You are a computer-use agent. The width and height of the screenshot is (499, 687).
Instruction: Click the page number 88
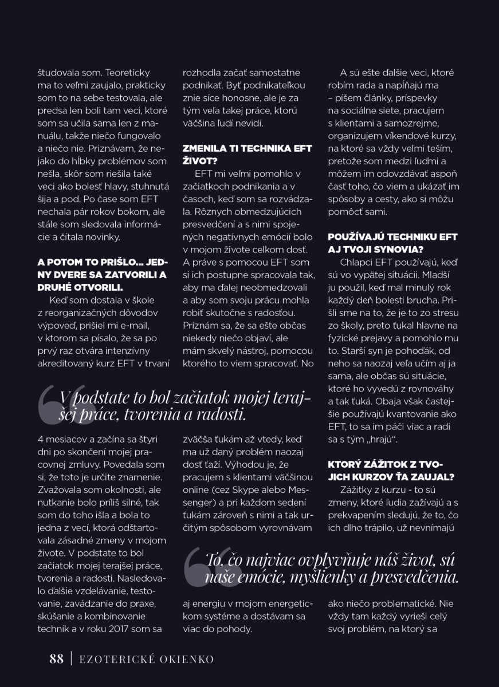(56, 659)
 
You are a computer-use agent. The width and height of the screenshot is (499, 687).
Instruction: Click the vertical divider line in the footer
(71, 659)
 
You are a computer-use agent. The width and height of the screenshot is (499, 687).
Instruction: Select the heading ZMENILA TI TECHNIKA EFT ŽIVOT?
(247, 155)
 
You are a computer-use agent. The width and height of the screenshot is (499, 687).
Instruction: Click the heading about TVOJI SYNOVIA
(392, 243)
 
